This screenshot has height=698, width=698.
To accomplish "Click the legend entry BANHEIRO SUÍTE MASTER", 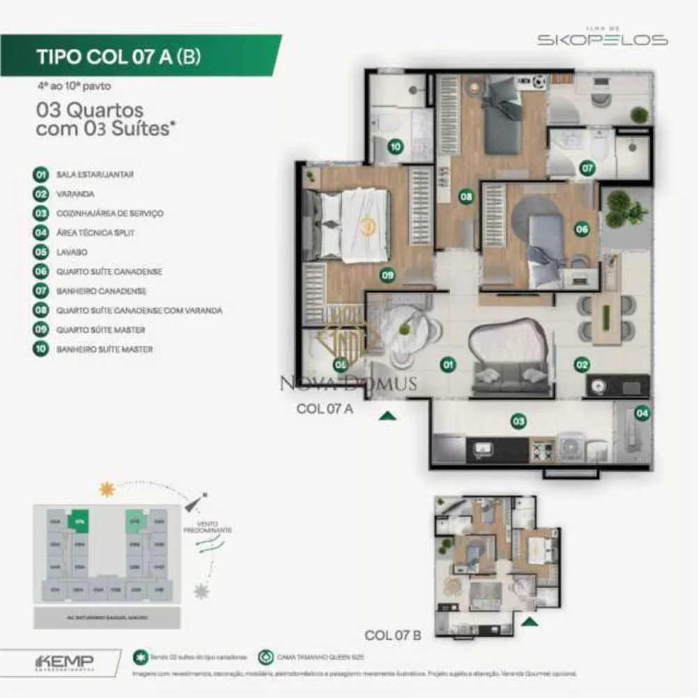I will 104,349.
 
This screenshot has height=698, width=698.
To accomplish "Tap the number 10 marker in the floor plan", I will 396,147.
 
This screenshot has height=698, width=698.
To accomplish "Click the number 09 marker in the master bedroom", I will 388,275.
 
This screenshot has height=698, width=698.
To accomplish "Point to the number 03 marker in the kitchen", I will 518,421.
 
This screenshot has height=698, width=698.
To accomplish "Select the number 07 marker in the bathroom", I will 588,168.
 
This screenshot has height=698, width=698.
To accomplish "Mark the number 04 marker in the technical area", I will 642,413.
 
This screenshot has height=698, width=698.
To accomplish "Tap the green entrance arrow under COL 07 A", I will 388,416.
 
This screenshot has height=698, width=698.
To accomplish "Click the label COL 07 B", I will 392,635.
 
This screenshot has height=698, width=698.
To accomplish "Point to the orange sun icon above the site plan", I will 107,489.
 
